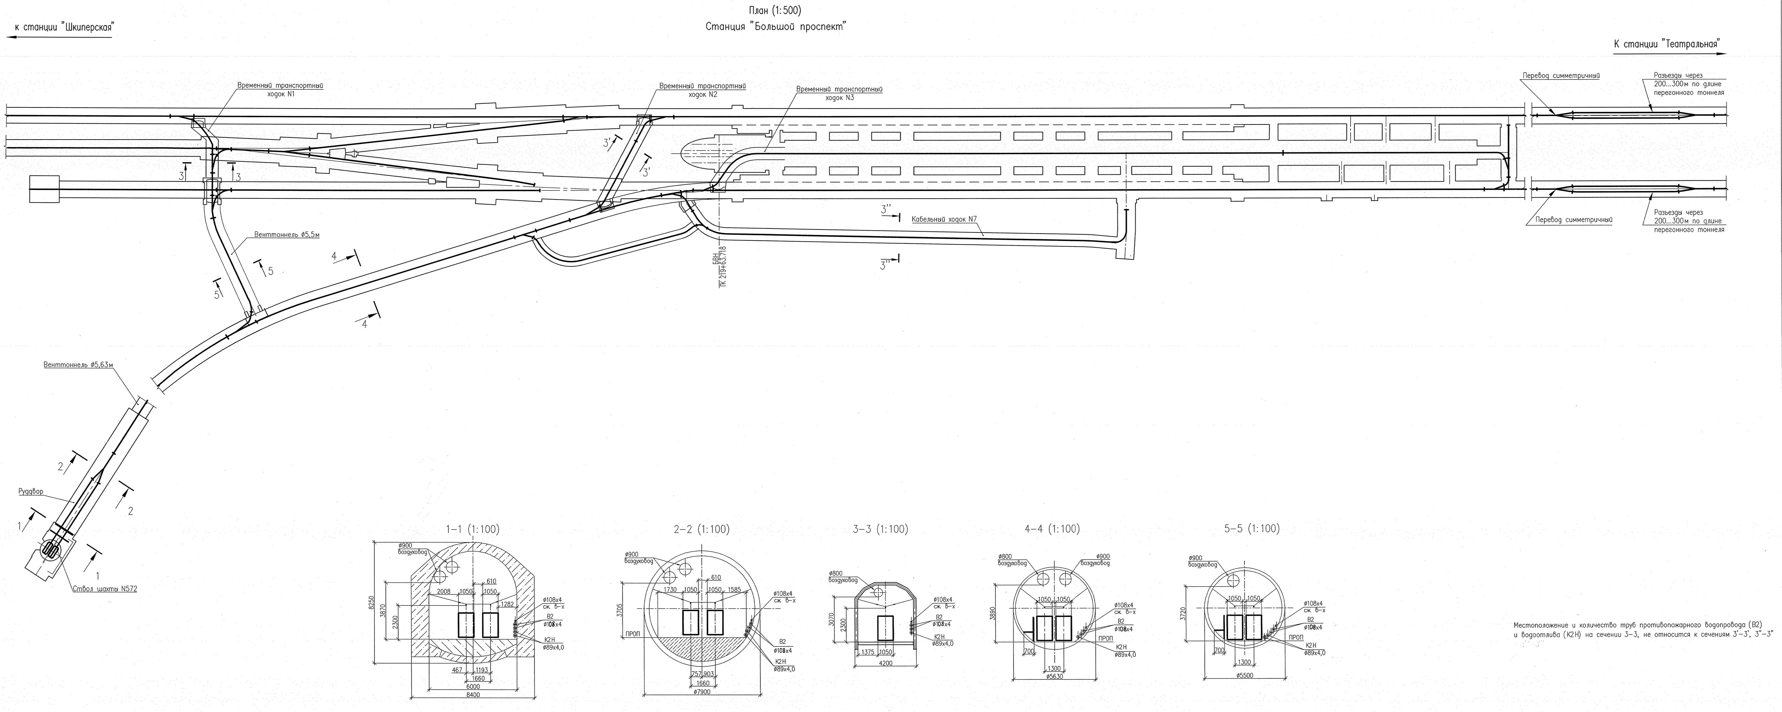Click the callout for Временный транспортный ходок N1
click(x=280, y=90)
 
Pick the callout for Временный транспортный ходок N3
click(x=839, y=93)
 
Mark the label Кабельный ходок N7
click(x=944, y=219)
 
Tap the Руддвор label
click(x=31, y=492)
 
